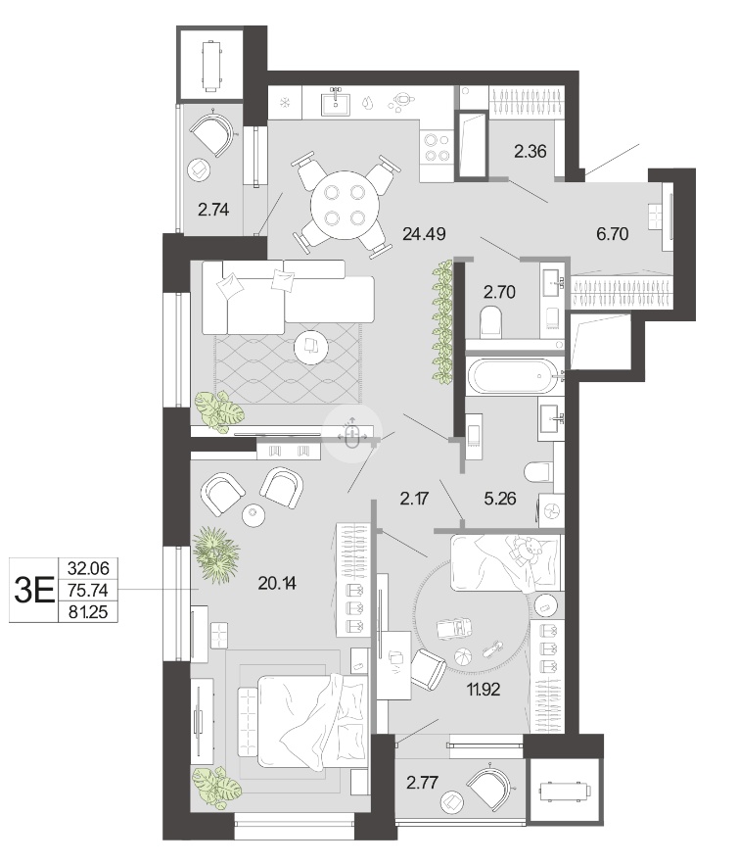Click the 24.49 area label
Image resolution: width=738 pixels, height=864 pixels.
(424, 234)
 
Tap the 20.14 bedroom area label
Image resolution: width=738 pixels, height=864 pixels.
(277, 583)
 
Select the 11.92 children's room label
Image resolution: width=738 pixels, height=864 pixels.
(484, 689)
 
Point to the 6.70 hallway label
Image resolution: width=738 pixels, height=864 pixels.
(613, 233)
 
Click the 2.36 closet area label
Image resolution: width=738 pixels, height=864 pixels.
(530, 151)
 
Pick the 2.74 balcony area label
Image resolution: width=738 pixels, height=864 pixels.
(213, 210)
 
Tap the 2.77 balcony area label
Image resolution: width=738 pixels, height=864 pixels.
(423, 782)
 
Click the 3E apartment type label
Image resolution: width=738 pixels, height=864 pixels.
(34, 590)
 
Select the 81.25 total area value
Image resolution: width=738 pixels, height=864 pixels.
(88, 611)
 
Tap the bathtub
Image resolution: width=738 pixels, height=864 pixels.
(514, 376)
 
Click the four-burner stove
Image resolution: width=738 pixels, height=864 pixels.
(437, 148)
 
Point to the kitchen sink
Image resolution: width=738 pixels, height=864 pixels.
(336, 103)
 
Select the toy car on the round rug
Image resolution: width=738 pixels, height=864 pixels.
(454, 629)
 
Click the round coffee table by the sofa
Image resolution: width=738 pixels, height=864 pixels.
(311, 347)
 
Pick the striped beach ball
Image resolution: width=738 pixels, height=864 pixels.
(463, 656)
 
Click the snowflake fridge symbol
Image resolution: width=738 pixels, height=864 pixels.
(284, 103)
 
